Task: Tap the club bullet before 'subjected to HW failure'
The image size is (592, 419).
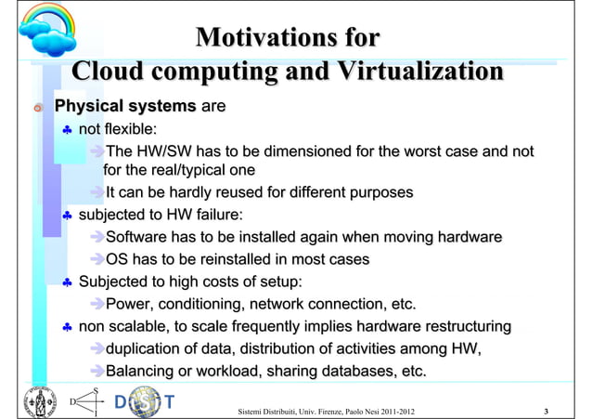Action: click(67, 216)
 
